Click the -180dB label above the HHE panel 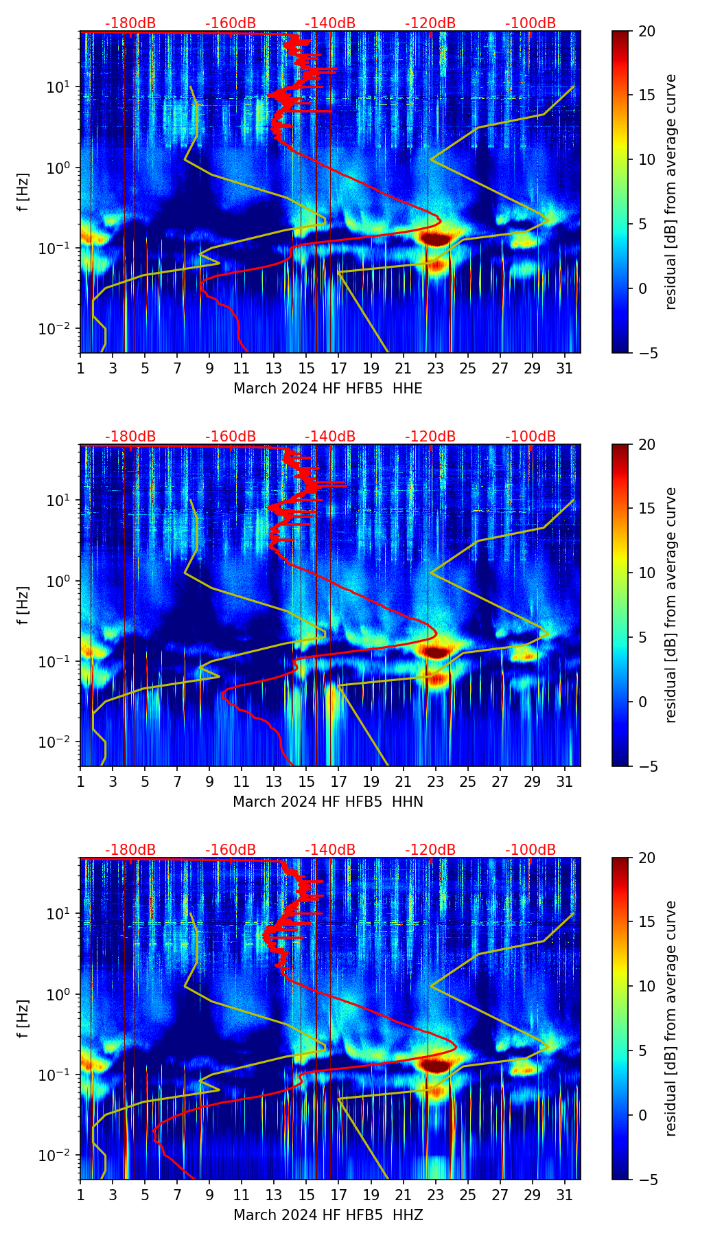[x=130, y=23]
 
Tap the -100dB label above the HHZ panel [x=531, y=850]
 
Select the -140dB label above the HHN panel [x=330, y=437]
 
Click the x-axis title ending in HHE [x=328, y=389]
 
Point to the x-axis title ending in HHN [x=328, y=802]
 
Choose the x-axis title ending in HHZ [x=328, y=1215]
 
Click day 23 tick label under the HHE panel [x=435, y=369]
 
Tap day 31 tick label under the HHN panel [x=565, y=782]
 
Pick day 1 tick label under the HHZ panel [x=80, y=1195]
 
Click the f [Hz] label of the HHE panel [x=23, y=192]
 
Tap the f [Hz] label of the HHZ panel [x=23, y=1018]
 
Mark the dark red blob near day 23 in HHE [x=435, y=238]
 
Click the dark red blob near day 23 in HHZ [x=435, y=1065]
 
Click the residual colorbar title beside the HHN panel [x=671, y=605]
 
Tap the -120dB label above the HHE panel [x=430, y=23]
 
